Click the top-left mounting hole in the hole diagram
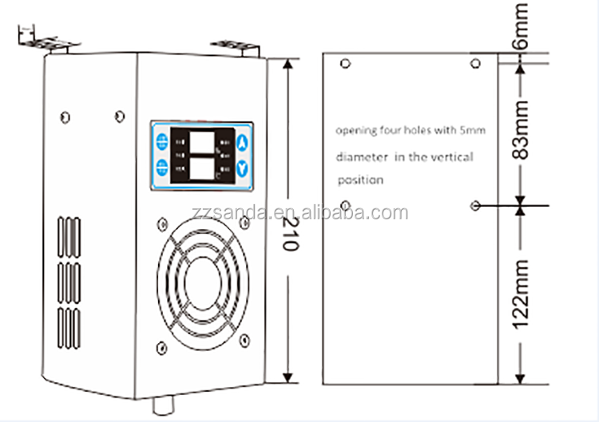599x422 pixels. pyautogui.click(x=345, y=63)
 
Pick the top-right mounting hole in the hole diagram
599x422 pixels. pyautogui.click(x=476, y=63)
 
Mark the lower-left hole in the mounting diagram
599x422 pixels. pyautogui.click(x=345, y=205)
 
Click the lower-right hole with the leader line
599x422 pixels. pyautogui.click(x=476, y=205)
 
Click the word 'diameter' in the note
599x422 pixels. pyautogui.click(x=359, y=157)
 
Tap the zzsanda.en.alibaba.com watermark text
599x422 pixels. pyautogui.click(x=334, y=213)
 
